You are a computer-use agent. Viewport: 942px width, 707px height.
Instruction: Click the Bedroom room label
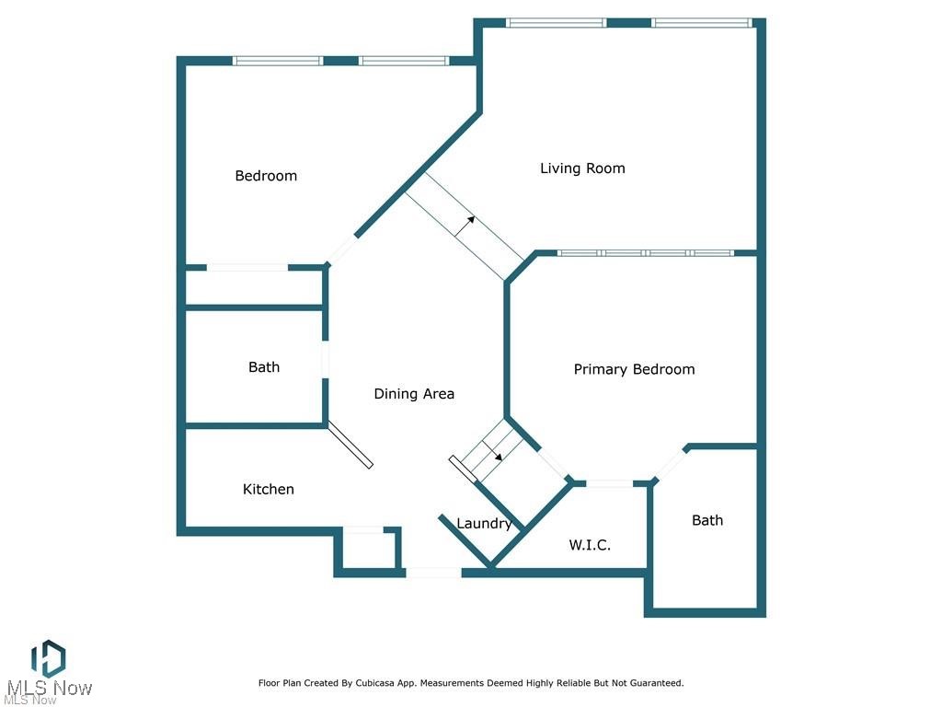pos(266,176)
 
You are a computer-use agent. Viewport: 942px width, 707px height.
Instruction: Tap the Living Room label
pos(582,168)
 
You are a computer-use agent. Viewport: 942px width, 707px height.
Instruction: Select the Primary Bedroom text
pos(634,369)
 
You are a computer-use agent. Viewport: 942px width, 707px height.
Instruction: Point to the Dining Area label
pos(414,394)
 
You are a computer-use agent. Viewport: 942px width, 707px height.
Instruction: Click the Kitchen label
pos(269,489)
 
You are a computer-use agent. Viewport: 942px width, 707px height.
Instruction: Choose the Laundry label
pos(484,524)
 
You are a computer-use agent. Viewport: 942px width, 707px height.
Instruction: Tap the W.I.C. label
pos(590,545)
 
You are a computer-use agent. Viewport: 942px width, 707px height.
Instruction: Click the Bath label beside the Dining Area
pos(264,367)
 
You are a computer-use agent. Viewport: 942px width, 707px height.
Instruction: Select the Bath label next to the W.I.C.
pos(707,520)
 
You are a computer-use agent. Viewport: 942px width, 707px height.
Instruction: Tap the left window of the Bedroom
pos(277,61)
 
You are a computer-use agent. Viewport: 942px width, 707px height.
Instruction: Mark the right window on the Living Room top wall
pos(702,23)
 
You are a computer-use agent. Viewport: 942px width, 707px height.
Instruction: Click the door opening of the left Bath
pos(325,359)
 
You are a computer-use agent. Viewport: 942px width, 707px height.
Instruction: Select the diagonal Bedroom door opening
pos(342,250)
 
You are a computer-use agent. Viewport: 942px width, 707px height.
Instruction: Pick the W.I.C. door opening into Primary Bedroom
pos(608,482)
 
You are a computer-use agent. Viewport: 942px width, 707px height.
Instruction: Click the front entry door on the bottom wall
pos(433,573)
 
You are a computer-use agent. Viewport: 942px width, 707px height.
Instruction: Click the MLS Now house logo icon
pos(48,658)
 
